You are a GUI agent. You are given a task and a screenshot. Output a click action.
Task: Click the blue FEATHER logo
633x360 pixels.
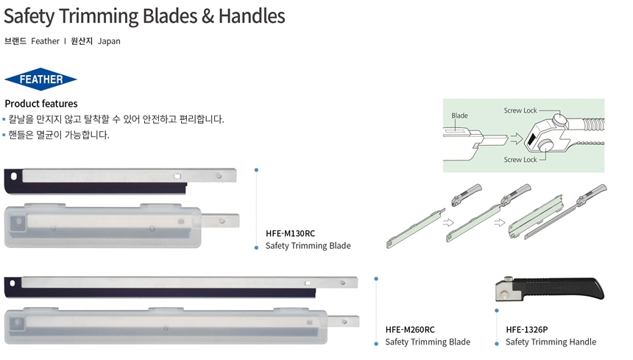tap(40, 79)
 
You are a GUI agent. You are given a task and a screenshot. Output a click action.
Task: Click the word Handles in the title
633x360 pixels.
tap(247, 15)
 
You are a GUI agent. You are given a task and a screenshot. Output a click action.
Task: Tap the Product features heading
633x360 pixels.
tap(41, 104)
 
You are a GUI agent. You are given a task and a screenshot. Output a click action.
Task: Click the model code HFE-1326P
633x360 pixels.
tap(527, 329)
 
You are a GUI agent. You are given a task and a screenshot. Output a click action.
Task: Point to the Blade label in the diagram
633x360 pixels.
tap(459, 116)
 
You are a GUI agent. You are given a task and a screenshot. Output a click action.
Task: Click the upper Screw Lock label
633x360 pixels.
tap(520, 110)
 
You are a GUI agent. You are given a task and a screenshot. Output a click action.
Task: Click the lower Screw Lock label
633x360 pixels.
tap(520, 160)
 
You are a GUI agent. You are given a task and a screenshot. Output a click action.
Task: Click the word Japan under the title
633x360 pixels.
tap(109, 41)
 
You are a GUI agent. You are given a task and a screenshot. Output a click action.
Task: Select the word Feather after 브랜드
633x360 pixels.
tap(45, 41)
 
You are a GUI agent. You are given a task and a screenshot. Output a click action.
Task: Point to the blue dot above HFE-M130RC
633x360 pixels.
tap(256, 170)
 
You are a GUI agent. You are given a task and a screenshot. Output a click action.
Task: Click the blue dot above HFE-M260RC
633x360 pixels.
tap(376, 279)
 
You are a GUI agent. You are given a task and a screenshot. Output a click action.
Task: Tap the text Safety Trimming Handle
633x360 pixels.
tap(551, 342)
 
